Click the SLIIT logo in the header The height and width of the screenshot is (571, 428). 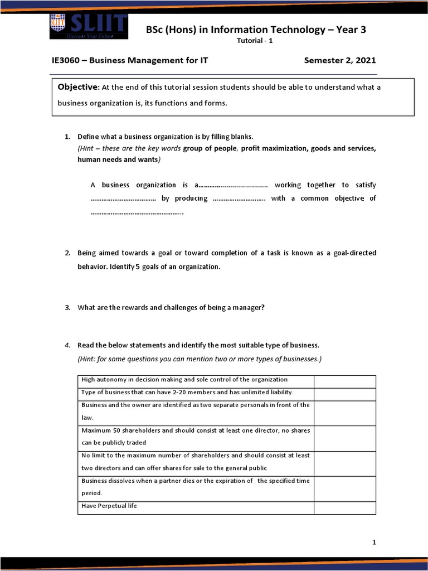89,26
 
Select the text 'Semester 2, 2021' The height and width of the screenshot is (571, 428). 339,60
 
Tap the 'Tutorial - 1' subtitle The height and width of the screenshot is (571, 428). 255,41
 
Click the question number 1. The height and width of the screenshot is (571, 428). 67,137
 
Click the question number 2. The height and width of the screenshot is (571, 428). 67,253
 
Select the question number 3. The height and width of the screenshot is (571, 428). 67,307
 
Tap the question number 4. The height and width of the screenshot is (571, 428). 67,345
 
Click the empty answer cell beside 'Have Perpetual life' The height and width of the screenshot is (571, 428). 344,507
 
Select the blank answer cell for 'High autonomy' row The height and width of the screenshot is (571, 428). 344,381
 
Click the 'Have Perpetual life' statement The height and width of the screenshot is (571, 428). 109,506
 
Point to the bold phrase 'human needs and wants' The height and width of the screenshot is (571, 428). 117,159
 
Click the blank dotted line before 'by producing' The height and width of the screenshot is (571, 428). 123,199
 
